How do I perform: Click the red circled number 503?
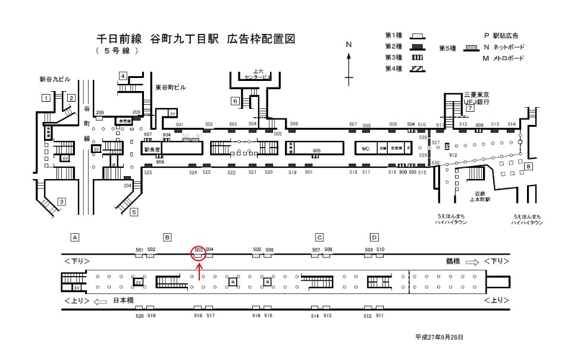click(x=198, y=250)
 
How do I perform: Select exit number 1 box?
click(x=45, y=97)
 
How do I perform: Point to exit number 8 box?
click(x=528, y=167)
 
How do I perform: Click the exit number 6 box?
click(x=236, y=101)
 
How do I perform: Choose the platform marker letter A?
click(x=75, y=237)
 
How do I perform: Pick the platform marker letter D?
click(x=374, y=237)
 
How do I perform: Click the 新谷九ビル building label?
click(x=55, y=79)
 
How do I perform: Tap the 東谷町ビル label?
click(x=170, y=87)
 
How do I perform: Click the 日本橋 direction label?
click(x=124, y=301)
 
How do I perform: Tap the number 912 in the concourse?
click(x=453, y=155)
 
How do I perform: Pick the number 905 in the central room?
click(x=316, y=152)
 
